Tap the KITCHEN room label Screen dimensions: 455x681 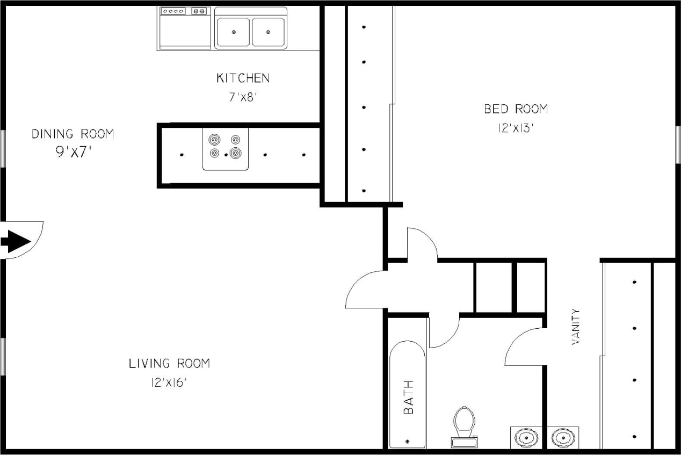(243, 78)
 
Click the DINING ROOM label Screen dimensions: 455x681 (73, 134)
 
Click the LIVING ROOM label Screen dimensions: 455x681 (169, 364)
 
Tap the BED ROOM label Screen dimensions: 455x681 (516, 110)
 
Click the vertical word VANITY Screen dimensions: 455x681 (576, 326)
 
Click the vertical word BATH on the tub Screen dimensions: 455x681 (409, 397)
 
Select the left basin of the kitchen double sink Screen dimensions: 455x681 (233, 32)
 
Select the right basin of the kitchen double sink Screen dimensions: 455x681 (268, 32)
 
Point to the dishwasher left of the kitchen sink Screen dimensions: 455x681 (184, 28)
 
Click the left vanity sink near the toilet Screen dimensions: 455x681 (526, 437)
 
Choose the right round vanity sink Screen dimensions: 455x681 (562, 437)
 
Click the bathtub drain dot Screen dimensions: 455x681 (407, 441)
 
